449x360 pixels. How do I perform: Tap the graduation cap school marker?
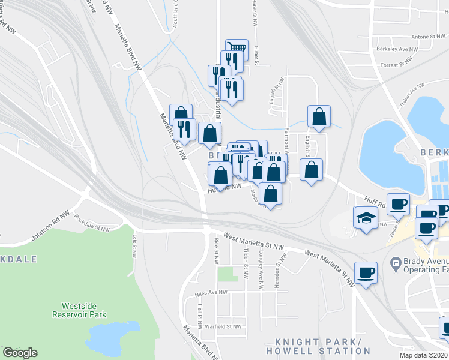[366, 219]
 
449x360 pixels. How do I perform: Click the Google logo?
[20, 352]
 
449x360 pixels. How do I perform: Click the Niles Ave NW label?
[211, 293]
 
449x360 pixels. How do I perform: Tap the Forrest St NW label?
[397, 62]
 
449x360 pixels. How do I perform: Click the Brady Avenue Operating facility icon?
[395, 263]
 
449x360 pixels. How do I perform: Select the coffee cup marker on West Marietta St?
[366, 273]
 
